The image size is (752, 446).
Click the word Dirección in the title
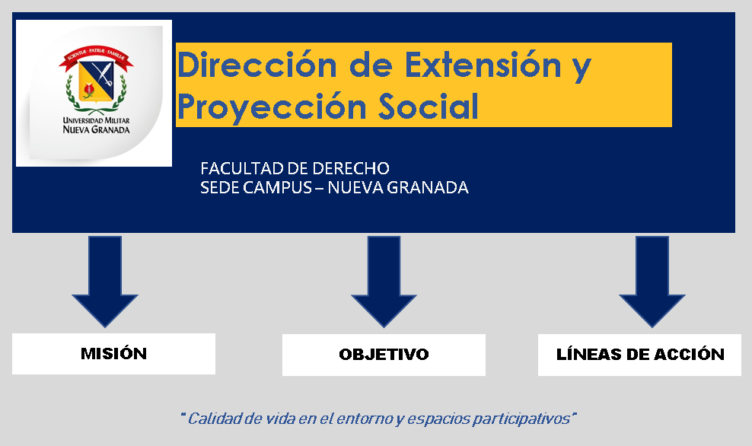257,65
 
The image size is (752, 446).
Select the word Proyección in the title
272,107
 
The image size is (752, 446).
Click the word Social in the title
429,106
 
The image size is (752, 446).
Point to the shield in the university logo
96,81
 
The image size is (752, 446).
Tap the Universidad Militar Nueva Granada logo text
97,125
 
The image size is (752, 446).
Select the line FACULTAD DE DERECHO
295,168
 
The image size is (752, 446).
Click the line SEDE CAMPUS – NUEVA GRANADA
334,187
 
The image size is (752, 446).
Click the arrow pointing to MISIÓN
105,281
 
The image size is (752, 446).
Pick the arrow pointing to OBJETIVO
384,281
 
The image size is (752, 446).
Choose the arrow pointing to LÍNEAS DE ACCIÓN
652,281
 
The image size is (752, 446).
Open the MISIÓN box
113,354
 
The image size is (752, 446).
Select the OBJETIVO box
384,355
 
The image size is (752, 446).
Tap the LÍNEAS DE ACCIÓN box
640,355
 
